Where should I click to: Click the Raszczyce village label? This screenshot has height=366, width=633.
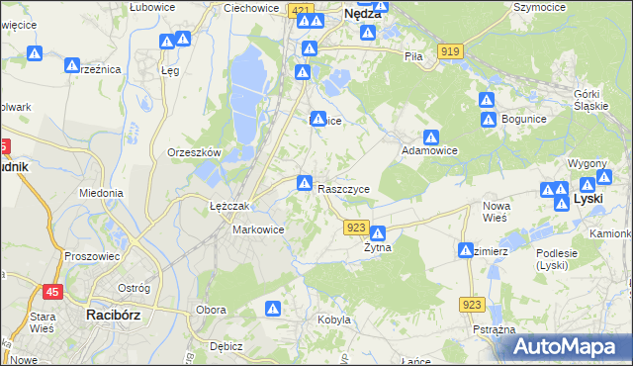[344, 189]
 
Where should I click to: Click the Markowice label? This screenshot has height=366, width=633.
[258, 229]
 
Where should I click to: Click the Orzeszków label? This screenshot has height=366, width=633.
[194, 153]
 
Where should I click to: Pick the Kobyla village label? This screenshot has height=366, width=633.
[334, 320]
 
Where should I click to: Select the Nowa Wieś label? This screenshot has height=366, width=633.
[496, 211]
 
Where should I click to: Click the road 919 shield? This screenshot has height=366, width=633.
[452, 50]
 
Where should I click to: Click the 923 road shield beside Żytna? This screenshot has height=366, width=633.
[358, 228]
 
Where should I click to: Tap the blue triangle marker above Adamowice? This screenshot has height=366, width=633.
[431, 137]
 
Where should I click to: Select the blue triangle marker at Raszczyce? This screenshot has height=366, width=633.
[305, 183]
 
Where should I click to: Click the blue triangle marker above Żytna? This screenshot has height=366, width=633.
[377, 233]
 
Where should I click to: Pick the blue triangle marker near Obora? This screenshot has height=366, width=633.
[274, 310]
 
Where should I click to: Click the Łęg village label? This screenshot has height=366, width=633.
[170, 71]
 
